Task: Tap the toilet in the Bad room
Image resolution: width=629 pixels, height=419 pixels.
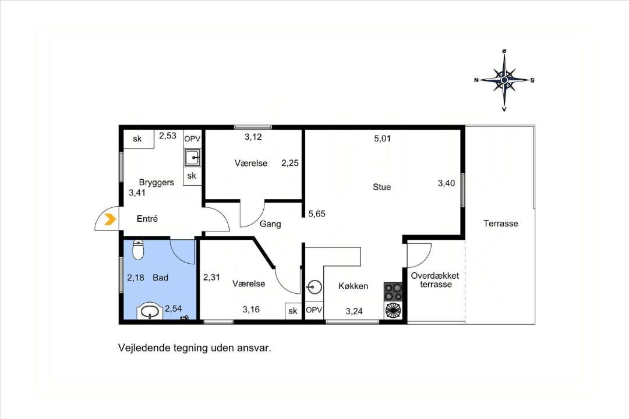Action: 137,250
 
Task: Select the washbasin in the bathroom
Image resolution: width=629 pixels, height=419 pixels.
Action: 150,311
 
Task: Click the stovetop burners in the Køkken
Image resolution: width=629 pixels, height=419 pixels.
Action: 393,292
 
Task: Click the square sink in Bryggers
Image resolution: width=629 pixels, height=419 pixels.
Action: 193,158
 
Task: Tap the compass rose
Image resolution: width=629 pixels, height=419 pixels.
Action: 504,80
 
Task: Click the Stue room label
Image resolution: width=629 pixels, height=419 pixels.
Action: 381,187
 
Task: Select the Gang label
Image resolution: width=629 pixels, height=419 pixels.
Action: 270,223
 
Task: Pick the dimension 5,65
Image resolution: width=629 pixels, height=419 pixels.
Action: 317,214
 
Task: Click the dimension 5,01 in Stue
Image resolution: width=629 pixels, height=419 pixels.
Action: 382,139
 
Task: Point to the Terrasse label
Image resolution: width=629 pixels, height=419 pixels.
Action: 501,223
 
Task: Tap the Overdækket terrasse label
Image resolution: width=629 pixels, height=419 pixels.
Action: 435,280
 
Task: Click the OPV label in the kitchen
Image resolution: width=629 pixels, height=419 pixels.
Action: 314,310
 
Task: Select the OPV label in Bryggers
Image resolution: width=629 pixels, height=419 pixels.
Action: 192,139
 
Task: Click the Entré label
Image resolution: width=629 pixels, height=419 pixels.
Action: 147,219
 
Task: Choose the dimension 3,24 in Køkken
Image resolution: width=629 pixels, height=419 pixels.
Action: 354,311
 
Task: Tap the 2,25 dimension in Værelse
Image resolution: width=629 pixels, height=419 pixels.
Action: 290,163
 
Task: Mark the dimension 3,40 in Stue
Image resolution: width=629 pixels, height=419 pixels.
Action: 447,183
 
